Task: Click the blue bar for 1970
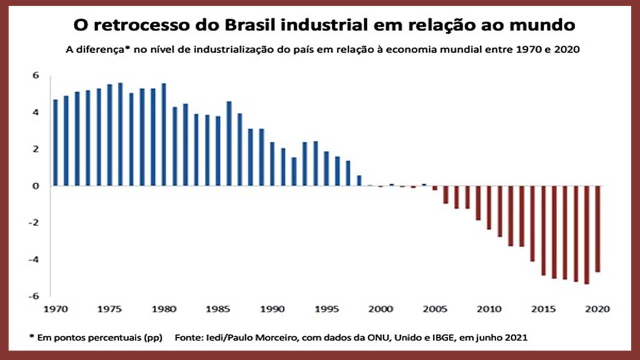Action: [55, 142]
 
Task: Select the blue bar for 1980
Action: [163, 134]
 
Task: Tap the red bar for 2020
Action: [597, 229]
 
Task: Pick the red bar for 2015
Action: [543, 230]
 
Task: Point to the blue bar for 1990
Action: [272, 164]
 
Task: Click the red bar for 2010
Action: [489, 207]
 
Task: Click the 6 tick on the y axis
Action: [36, 75]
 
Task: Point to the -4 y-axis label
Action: [34, 259]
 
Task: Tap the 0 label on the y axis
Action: [36, 186]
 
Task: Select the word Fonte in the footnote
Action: [186, 337]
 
